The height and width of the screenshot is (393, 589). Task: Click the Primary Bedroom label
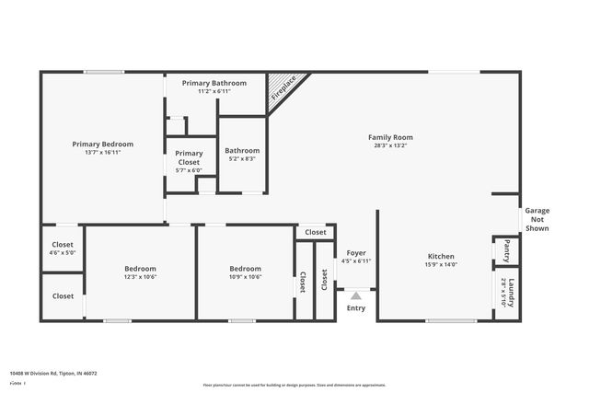pos(103,144)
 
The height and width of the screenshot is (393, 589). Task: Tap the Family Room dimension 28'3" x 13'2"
pos(390,145)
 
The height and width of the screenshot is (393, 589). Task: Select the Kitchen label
pos(441,257)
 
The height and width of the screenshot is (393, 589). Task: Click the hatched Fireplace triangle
pos(281,89)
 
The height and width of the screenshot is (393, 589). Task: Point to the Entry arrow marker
pos(355,295)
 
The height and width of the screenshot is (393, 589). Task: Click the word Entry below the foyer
pos(355,308)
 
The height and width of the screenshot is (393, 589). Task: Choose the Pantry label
pos(507,249)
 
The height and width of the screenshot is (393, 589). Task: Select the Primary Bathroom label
pos(214,83)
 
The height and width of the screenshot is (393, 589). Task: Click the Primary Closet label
pos(189,157)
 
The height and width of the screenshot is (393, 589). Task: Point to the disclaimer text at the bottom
pos(294,385)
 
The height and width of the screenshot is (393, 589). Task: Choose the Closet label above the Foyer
pos(315,233)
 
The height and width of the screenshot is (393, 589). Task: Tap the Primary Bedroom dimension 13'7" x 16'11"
pos(103,153)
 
